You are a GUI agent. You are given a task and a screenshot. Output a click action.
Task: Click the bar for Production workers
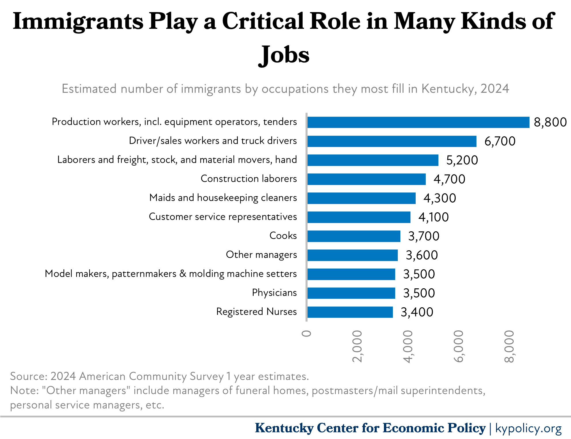point(418,122)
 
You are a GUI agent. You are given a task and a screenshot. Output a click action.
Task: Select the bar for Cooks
point(354,236)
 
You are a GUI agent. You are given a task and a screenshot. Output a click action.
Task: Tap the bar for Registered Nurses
point(350,312)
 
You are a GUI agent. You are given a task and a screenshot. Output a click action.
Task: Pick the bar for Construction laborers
point(366,179)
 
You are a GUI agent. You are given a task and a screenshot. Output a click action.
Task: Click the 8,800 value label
point(550,122)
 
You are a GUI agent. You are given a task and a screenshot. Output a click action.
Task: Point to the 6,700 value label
point(500,141)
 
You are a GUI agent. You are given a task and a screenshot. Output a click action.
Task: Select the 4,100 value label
point(434,217)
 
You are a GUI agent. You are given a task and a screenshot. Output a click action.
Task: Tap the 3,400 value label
point(417,312)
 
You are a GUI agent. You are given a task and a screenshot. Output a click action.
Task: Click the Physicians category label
point(274,293)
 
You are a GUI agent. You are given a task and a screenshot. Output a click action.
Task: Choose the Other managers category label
point(261,255)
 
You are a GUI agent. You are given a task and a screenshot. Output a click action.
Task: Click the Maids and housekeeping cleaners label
point(223,198)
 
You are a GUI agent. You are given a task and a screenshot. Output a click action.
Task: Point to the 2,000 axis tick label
point(357,346)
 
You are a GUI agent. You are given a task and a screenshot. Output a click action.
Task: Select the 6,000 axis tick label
point(459,346)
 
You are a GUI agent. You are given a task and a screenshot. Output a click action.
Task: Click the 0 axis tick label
point(307,334)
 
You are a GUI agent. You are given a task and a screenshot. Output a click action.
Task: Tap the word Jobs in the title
point(284,55)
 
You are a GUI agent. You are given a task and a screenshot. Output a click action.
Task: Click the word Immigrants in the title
point(78,22)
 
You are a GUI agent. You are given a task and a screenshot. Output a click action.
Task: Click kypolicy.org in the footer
point(528,428)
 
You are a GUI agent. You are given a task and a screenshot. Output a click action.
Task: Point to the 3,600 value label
point(422,255)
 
